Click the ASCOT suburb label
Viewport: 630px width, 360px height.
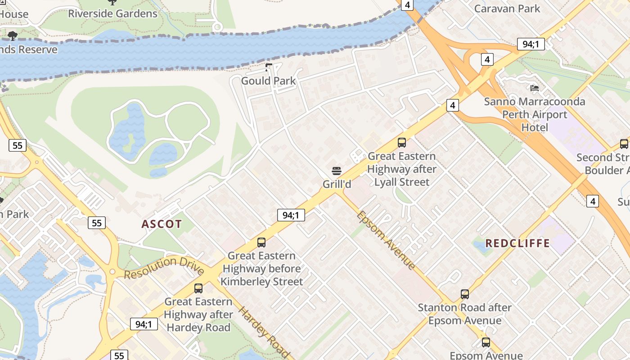[162, 224]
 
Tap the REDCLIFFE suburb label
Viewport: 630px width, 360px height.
[518, 243]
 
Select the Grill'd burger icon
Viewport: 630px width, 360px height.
[337, 171]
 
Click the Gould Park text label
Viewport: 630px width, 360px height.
[269, 81]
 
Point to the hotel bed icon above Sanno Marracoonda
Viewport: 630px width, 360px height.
[535, 88]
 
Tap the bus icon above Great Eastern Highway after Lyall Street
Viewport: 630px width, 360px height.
[402, 143]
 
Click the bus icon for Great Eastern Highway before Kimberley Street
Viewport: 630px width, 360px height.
[261, 243]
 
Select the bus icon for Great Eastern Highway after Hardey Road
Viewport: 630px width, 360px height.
[198, 288]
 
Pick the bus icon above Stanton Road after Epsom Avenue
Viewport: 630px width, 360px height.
[465, 294]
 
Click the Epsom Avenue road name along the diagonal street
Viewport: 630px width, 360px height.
[386, 240]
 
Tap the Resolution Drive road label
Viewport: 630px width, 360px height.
[164, 268]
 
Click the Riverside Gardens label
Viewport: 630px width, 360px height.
[112, 13]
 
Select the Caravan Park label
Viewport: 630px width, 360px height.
[507, 8]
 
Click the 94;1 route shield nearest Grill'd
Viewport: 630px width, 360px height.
[291, 215]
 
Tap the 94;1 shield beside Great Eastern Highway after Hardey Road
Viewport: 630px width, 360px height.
[144, 324]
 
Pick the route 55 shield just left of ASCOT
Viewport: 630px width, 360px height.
[97, 222]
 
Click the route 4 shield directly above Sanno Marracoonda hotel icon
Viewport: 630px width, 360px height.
[487, 59]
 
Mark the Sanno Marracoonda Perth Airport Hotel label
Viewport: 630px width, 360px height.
[535, 114]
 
